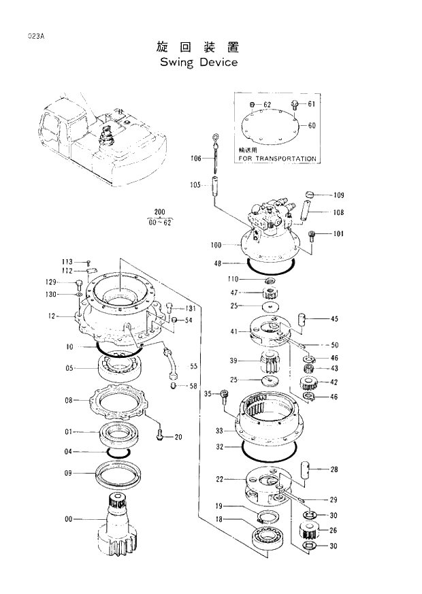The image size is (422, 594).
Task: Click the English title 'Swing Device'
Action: (x=199, y=63)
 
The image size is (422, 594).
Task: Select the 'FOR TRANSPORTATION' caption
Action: (x=277, y=159)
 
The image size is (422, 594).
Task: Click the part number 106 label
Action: (x=196, y=159)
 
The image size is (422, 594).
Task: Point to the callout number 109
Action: (x=338, y=195)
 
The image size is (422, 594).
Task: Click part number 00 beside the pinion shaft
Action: (x=69, y=520)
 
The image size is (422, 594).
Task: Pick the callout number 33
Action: (x=220, y=431)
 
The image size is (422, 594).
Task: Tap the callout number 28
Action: (x=334, y=469)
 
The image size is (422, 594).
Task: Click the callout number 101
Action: (x=338, y=235)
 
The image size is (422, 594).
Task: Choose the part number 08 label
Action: (x=69, y=401)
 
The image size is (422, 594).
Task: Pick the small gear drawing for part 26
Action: (x=310, y=531)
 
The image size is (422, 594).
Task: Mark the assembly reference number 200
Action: (x=160, y=212)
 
